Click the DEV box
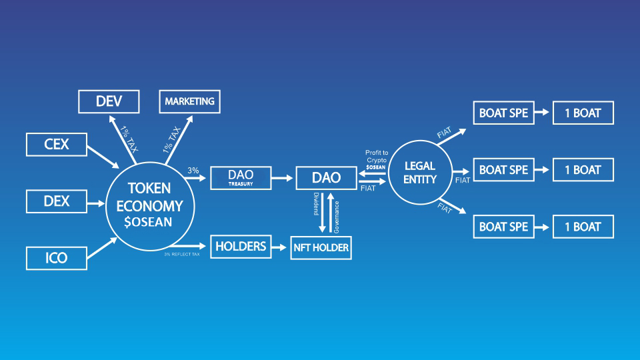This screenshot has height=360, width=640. point(109,101)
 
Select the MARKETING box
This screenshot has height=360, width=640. point(189,101)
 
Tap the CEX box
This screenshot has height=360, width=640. point(56,143)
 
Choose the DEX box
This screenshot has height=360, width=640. point(56,201)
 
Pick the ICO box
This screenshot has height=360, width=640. point(56,257)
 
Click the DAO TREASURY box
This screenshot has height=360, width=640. point(241,177)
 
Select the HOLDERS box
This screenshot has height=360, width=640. point(241,246)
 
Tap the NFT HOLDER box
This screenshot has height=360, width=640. point(321,248)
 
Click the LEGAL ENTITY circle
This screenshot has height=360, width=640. point(420,173)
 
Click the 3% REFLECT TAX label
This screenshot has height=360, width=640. point(181,254)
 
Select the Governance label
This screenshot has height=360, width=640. point(337,215)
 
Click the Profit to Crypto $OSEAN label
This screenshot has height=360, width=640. point(376,159)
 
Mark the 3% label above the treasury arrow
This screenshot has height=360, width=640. point(193,171)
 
